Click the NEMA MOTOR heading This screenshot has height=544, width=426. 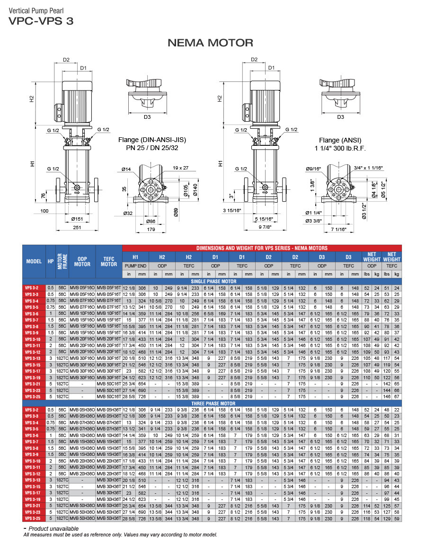[211, 43]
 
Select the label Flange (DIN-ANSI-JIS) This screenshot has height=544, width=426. [152, 140]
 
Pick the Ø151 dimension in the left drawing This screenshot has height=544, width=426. [78, 218]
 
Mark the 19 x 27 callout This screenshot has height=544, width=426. [180, 168]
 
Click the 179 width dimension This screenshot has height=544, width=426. [151, 230]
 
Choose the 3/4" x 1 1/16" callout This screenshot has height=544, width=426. [369, 168]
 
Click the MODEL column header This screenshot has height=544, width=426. [34, 261]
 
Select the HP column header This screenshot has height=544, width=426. [51, 261]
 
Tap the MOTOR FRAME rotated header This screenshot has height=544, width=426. [60, 261]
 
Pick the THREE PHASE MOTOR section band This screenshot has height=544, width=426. [213, 403]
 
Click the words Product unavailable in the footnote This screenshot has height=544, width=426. [53, 528]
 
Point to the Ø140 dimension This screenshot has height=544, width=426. [195, 190]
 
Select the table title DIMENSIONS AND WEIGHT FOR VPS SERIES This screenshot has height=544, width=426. [262, 248]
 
